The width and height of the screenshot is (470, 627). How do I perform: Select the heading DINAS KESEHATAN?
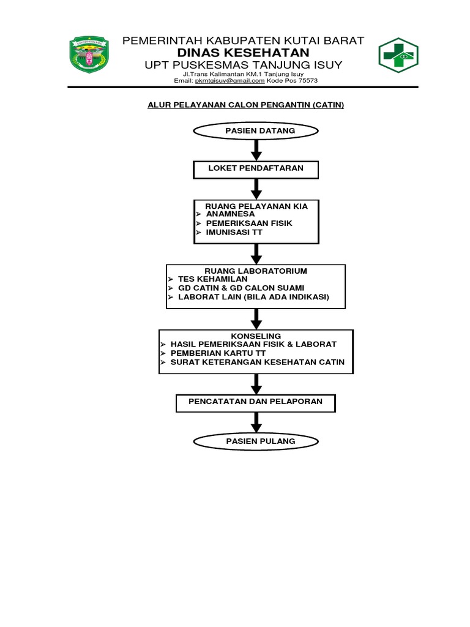click(243, 53)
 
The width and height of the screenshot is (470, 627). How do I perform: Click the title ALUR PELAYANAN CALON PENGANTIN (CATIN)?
click(246, 105)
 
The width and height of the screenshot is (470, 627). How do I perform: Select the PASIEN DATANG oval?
click(256, 131)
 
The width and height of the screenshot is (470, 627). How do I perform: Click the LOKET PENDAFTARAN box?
click(256, 168)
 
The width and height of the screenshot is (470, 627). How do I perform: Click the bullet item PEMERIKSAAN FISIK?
click(249, 223)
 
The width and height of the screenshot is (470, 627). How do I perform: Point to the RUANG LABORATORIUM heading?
click(256, 271)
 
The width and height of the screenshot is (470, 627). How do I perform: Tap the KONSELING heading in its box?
click(256, 336)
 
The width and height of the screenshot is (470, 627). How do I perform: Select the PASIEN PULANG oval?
click(256, 441)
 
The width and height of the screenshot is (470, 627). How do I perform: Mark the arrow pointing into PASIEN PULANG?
click(256, 422)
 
